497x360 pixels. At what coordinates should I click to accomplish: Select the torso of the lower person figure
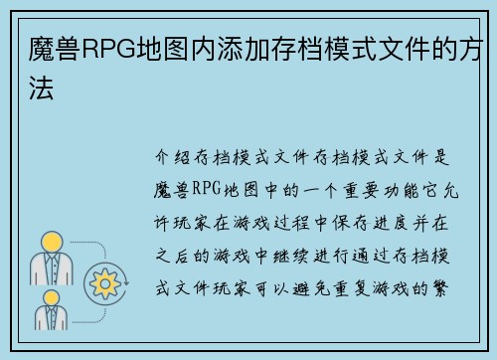click(52, 319)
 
